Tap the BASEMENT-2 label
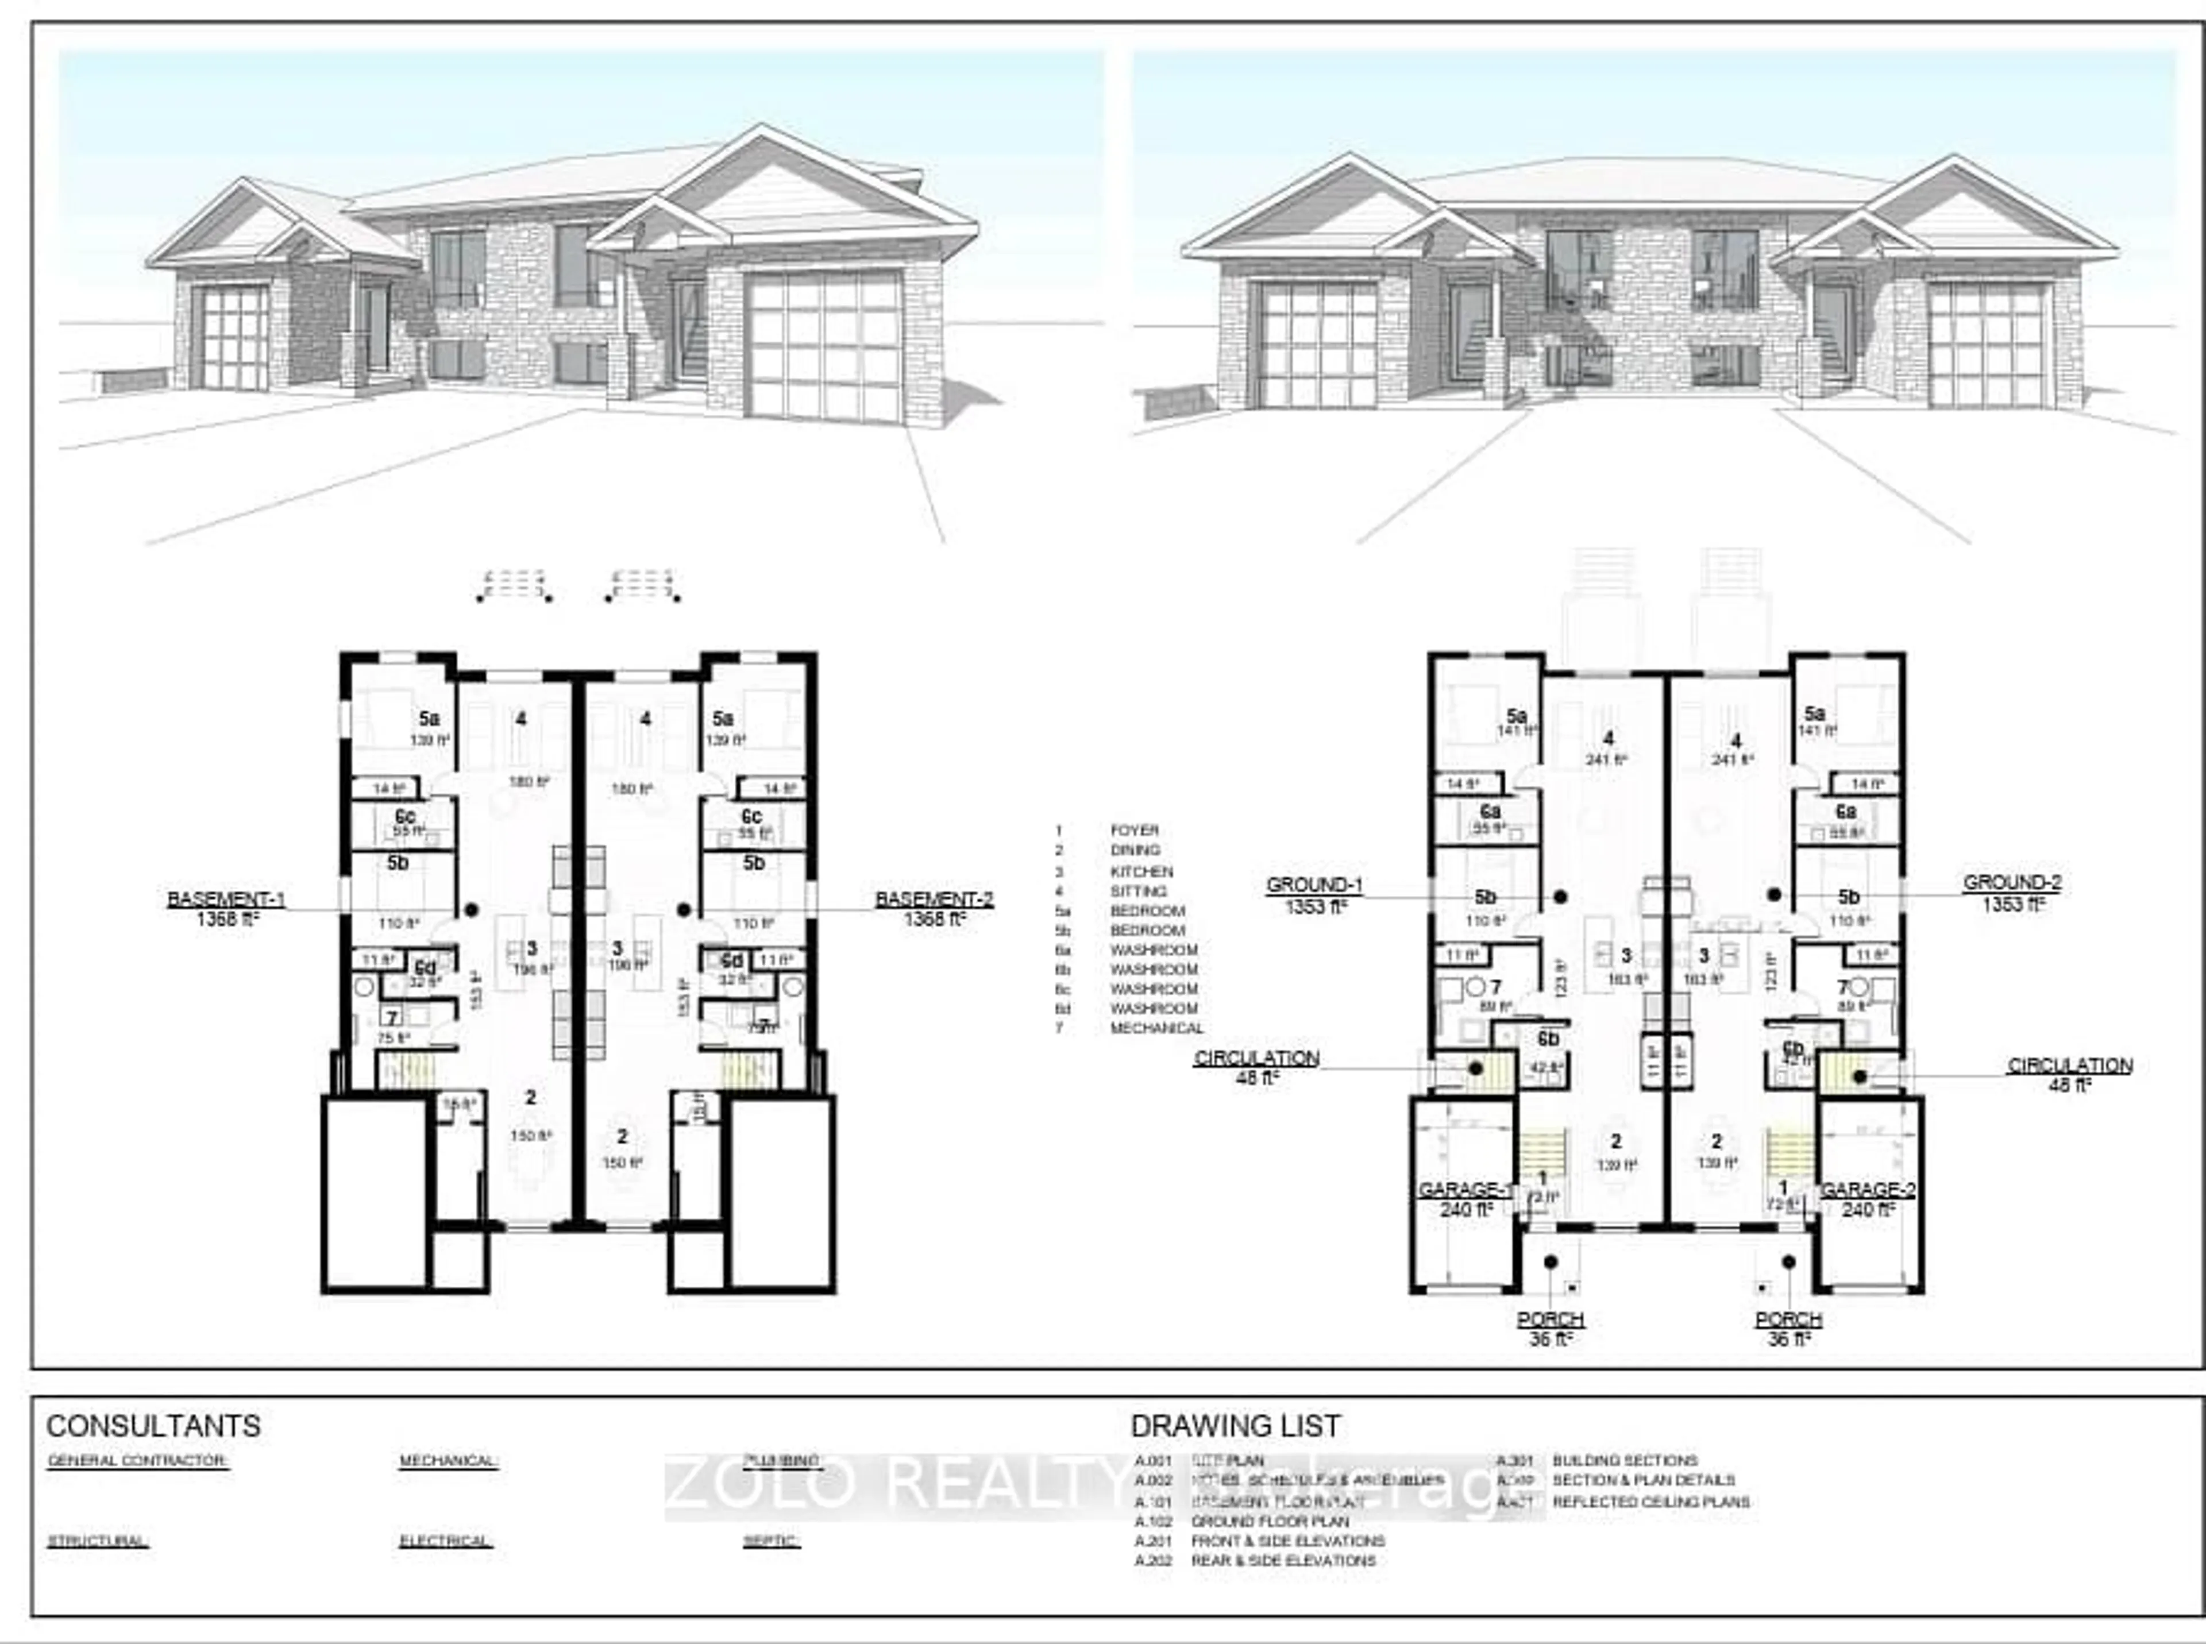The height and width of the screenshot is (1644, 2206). (934, 900)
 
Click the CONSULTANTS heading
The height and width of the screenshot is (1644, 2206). (153, 1426)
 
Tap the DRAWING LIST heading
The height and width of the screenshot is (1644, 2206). (1235, 1426)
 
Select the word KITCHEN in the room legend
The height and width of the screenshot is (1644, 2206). (1141, 871)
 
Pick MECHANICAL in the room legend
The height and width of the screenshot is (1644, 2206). (1156, 1028)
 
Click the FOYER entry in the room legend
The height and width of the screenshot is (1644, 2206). (1135, 830)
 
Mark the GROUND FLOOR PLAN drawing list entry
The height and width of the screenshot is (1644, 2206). (1270, 1522)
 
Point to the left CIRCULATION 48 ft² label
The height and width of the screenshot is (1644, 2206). (1257, 1059)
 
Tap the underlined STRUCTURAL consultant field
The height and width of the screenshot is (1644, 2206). (98, 1542)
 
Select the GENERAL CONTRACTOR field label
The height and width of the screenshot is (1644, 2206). (137, 1461)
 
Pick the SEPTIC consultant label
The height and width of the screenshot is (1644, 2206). (771, 1542)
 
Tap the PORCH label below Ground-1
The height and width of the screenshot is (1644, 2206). (1551, 1319)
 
